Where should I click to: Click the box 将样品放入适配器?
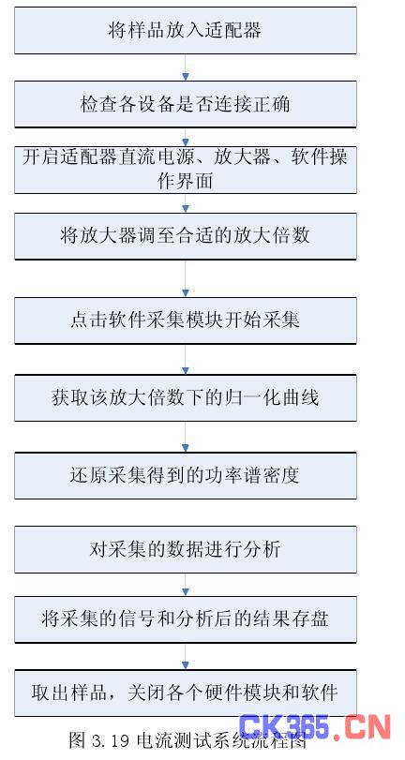tap(186, 30)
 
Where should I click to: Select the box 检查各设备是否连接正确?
tap(186, 104)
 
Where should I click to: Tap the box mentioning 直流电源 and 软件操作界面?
tap(186, 170)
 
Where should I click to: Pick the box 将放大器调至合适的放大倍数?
tap(186, 236)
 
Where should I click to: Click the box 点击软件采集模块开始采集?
tap(186, 320)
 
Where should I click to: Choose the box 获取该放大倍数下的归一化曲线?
tap(186, 398)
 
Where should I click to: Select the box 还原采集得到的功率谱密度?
tap(186, 475)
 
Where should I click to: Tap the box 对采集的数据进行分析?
tap(186, 550)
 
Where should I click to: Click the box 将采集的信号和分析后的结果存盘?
tap(186, 619)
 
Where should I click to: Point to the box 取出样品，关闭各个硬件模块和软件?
tap(186, 693)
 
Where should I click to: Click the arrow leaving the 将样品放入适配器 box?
tap(185, 67)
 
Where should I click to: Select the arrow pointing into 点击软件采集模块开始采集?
tap(185, 278)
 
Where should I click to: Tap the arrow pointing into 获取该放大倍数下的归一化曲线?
tap(185, 360)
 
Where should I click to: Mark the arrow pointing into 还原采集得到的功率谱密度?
tap(185, 438)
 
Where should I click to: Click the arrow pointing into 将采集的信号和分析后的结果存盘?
tap(185, 585)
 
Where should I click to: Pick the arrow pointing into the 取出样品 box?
tap(185, 657)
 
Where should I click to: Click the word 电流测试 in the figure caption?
tap(171, 740)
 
